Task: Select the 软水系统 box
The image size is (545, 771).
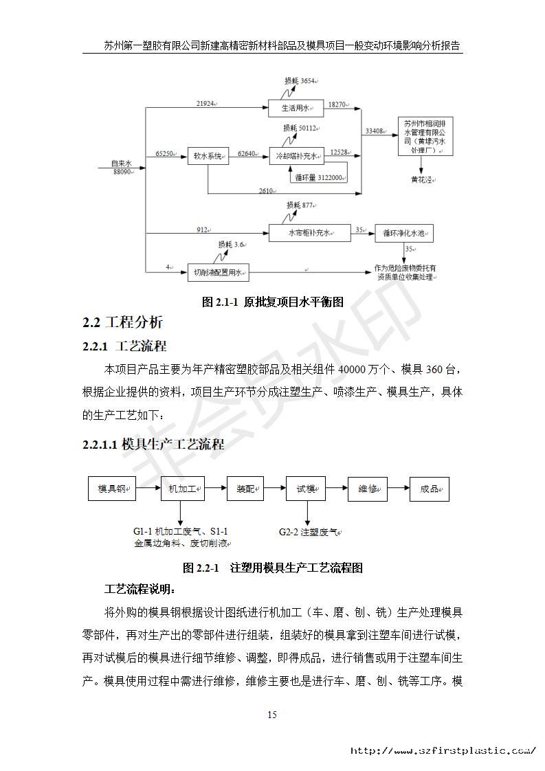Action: point(207,156)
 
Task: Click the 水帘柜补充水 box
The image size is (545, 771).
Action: point(309,234)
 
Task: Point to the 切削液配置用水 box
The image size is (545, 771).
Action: point(219,272)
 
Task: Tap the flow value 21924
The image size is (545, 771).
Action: point(205,103)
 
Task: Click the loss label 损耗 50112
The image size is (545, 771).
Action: point(301,128)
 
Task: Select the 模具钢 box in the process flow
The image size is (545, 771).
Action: point(112,489)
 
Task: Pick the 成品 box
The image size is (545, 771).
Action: point(430,489)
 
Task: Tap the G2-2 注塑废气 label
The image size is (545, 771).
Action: point(309,532)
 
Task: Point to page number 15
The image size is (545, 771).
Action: point(272,715)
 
